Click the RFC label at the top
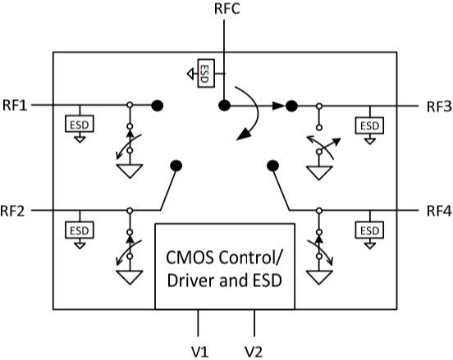click(x=227, y=8)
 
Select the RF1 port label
click(x=15, y=105)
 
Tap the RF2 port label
click(x=12, y=211)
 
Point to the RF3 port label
click(x=439, y=107)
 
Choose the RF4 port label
click(x=439, y=212)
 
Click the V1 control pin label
click(x=199, y=352)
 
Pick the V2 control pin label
click(x=254, y=352)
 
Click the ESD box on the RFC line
click(x=206, y=73)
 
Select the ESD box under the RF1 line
click(x=80, y=124)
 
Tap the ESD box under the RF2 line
click(x=80, y=230)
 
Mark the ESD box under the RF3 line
click(x=369, y=125)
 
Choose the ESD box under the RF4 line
click(x=369, y=230)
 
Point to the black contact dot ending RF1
click(x=158, y=106)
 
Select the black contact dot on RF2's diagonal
click(x=176, y=166)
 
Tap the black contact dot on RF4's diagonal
click(x=272, y=166)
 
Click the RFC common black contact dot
click(x=225, y=106)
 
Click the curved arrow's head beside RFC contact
click(x=243, y=134)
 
